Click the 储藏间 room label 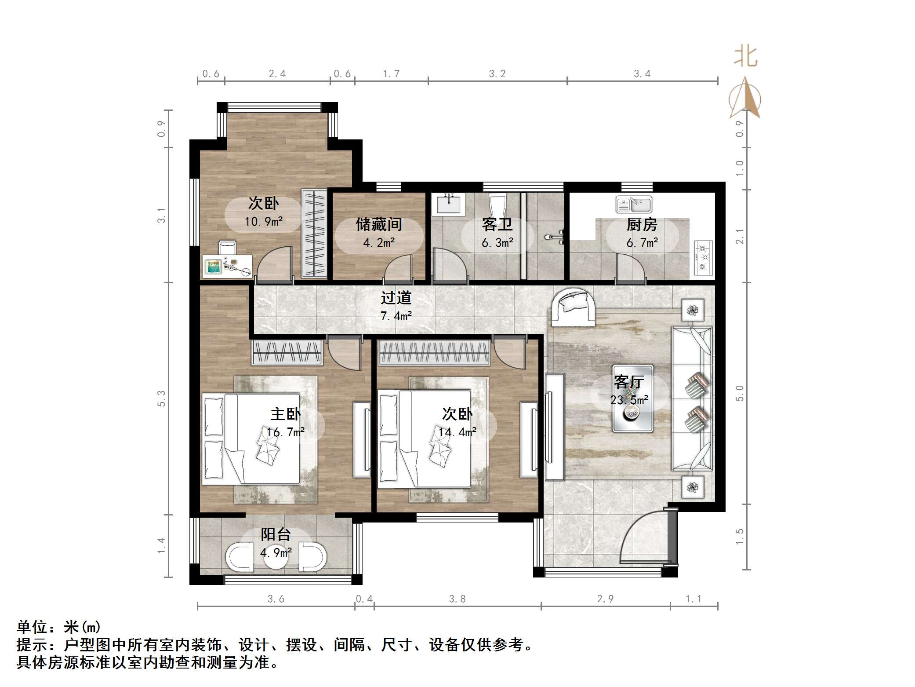pos(378,225)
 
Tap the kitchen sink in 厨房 pos(633,205)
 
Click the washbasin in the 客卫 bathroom pos(448,205)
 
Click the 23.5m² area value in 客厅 pos(629,400)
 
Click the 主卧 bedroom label pos(285,414)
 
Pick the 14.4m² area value pos(457,432)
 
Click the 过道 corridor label pos(396,298)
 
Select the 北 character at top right pos(745,57)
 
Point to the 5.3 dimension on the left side pos(162,398)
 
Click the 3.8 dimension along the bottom pos(457,599)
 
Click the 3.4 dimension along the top pos(642,74)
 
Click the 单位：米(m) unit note pos(59,627)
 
